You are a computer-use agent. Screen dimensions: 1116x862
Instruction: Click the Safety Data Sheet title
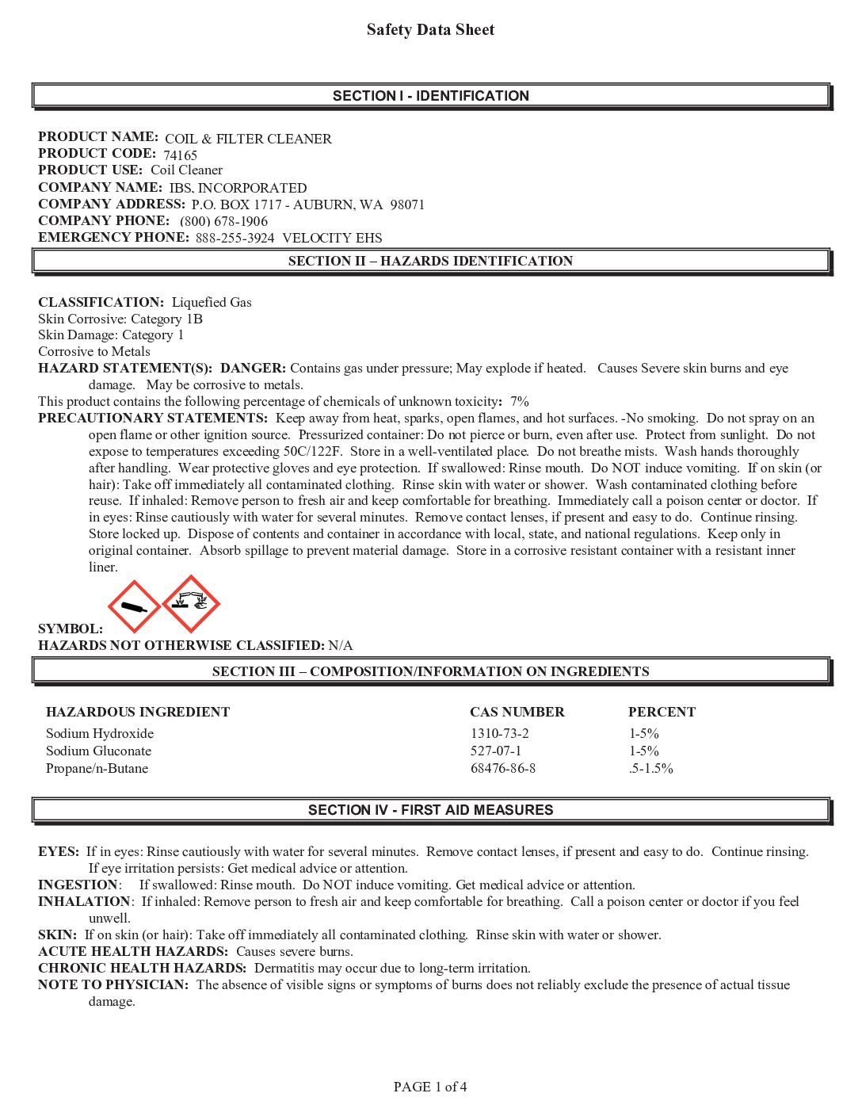click(x=430, y=30)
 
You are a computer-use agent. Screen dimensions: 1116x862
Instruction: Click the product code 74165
click(x=180, y=155)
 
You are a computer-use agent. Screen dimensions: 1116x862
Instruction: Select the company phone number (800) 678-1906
click(x=223, y=221)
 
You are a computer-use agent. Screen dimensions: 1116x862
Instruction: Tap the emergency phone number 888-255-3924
click(x=235, y=238)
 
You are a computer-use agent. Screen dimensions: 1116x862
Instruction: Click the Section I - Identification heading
click(x=430, y=96)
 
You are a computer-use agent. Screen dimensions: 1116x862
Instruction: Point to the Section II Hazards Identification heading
click(x=430, y=261)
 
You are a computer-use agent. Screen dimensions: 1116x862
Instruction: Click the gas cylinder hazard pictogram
click(x=133, y=606)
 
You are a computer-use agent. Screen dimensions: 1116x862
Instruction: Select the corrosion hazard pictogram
click(x=191, y=603)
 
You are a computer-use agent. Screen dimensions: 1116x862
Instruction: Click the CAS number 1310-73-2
click(x=499, y=733)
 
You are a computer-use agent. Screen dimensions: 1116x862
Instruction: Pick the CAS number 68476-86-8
click(x=502, y=768)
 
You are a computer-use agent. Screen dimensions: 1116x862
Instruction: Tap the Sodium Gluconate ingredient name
click(x=98, y=751)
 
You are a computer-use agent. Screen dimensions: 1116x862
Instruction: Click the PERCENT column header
click(x=662, y=712)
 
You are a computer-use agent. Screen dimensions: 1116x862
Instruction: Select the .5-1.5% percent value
click(x=650, y=768)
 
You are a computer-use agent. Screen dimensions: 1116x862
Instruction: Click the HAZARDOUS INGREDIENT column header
click(x=138, y=712)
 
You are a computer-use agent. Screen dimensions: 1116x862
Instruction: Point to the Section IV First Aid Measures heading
click(x=430, y=809)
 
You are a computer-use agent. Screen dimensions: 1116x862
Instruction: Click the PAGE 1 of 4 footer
click(x=430, y=1087)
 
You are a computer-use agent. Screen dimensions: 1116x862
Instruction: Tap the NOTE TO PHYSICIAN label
click(x=113, y=984)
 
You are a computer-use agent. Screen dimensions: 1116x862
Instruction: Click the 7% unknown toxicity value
click(x=520, y=401)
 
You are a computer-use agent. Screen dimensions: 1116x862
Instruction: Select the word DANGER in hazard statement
click(x=253, y=368)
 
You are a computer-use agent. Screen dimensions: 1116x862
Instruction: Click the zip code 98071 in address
click(x=407, y=204)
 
